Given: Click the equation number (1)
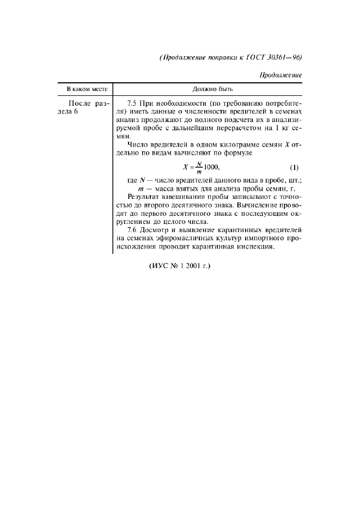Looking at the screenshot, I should tap(294, 167).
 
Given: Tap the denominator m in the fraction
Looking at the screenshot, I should tap(199, 172).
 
